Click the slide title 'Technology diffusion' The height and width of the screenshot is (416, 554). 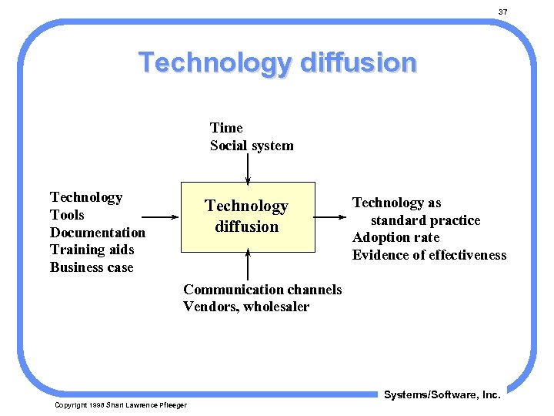[277, 62]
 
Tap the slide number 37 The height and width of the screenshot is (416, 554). [502, 12]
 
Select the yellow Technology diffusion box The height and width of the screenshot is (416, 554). [248, 216]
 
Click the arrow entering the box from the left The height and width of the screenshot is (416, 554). [162, 216]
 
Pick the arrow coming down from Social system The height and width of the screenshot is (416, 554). [248, 168]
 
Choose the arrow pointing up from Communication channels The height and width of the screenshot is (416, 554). [248, 265]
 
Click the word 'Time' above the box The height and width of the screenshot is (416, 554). [226, 128]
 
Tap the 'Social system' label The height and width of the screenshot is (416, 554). [252, 146]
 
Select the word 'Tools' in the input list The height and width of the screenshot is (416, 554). [67, 215]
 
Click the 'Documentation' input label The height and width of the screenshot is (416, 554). [98, 233]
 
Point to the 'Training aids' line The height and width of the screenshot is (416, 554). [92, 250]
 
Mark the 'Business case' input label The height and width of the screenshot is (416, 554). [92, 267]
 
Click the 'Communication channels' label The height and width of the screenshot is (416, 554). [262, 290]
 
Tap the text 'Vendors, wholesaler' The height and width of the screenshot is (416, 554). [246, 307]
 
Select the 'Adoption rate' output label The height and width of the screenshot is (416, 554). [395, 237]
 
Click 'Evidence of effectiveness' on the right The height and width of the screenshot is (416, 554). [429, 255]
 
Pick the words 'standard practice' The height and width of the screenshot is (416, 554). [426, 220]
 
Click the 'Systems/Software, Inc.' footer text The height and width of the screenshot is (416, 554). [442, 394]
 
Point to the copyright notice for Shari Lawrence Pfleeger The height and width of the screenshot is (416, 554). [121, 405]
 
